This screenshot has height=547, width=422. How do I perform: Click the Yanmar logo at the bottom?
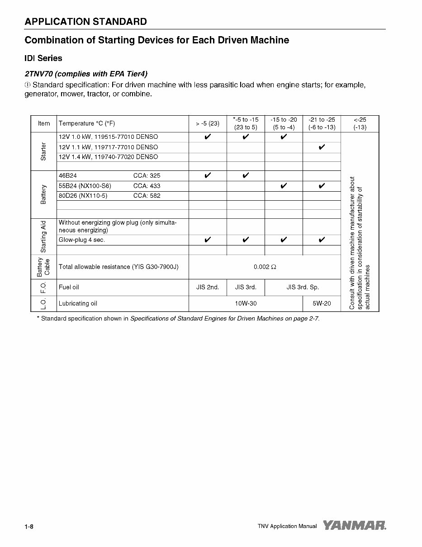[355, 525]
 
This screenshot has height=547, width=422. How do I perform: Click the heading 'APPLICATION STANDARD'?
[85, 21]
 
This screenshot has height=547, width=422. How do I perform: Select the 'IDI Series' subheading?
[43, 58]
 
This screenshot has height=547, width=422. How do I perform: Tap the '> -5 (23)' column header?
[208, 123]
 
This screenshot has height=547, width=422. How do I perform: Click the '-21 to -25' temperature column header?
[322, 123]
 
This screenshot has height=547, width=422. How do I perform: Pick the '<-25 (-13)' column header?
[360, 123]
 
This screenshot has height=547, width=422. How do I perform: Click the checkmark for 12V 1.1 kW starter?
[322, 147]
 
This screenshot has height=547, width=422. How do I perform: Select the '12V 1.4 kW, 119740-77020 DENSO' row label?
[109, 157]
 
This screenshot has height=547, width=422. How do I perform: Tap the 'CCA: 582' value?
[147, 196]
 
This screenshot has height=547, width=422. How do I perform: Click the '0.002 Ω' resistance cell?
[265, 267]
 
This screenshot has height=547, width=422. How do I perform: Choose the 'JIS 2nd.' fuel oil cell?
[208, 287]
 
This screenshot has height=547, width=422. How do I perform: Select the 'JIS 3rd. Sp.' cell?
[303, 287]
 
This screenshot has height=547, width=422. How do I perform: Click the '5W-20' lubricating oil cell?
[322, 303]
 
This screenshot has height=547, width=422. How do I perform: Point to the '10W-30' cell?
[246, 303]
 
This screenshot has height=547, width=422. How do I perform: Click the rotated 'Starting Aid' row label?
[43, 236]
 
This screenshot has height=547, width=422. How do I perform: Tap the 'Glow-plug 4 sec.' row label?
[82, 240]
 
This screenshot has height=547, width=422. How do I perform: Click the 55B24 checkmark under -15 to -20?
[284, 186]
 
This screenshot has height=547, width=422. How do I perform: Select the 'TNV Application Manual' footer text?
[287, 526]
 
